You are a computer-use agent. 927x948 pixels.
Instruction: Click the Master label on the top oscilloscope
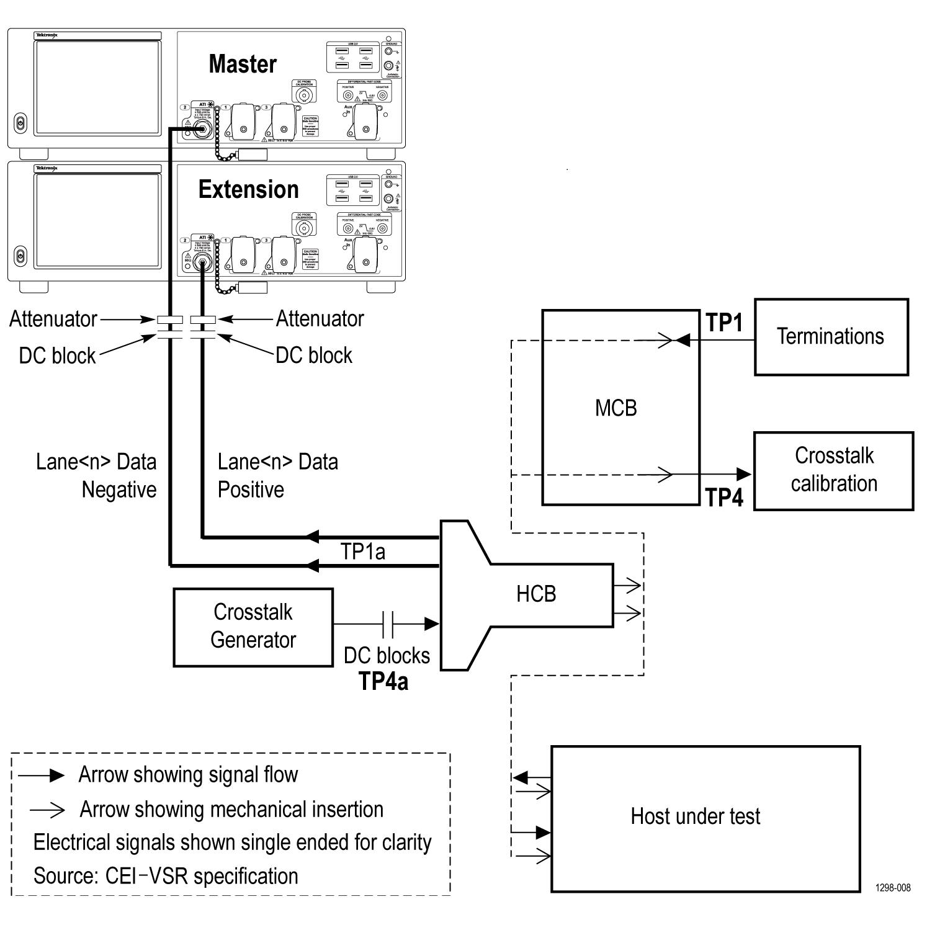243,64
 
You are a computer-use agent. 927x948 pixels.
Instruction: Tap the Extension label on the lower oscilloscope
248,190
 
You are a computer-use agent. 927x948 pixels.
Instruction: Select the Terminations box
831,336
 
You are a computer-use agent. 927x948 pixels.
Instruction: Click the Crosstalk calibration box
833,471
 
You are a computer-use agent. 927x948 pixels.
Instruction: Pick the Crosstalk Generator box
253,627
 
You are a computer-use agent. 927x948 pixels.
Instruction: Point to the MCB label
616,408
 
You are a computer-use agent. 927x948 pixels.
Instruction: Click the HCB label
536,594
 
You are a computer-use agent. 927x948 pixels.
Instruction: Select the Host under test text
695,816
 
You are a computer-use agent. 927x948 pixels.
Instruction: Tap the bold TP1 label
724,323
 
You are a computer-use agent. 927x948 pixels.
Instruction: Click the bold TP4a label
383,681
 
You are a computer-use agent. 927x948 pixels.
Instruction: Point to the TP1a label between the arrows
362,551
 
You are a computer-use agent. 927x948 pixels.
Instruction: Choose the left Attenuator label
53,320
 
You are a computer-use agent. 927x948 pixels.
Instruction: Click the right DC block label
314,355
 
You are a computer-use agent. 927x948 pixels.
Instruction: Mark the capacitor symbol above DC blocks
388,624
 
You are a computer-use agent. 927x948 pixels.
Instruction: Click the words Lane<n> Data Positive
277,476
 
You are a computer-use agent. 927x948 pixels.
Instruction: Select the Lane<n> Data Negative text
96,476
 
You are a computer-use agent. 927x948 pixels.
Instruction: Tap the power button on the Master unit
20,123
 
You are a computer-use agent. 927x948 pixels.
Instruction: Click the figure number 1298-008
893,888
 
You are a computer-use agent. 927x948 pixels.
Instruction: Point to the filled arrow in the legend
56,775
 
